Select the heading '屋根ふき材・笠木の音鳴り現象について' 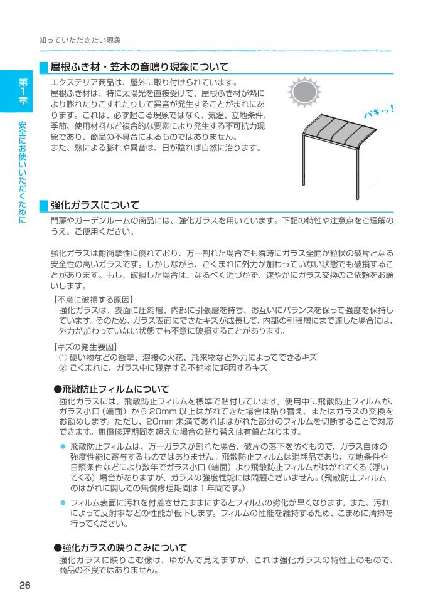pos(139,66)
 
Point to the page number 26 pos(24,585)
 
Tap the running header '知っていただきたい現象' pos(80,40)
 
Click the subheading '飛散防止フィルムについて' pos(111,389)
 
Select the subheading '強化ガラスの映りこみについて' pos(120,548)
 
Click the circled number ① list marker pos(63,357)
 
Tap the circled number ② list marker pos(63,368)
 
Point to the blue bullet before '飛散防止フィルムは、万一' pos(63,445)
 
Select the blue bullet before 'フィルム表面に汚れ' pos(63,504)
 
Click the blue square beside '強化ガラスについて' pos(44,204)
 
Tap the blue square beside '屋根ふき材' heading pos(44,66)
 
